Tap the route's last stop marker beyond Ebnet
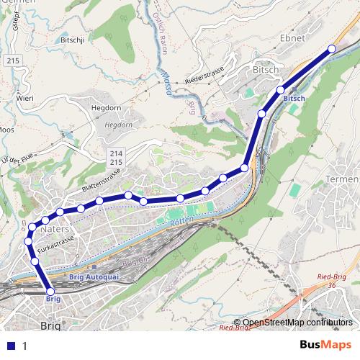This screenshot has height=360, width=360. click(x=332, y=48)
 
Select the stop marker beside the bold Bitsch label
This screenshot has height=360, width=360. click(x=281, y=90)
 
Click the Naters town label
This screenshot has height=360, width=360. click(x=56, y=229)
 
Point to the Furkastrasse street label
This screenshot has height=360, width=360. click(x=54, y=245)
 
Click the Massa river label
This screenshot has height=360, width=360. click(x=167, y=73)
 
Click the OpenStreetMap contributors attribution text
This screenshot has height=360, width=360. click(x=297, y=323)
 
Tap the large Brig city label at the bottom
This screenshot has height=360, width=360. click(x=51, y=325)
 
